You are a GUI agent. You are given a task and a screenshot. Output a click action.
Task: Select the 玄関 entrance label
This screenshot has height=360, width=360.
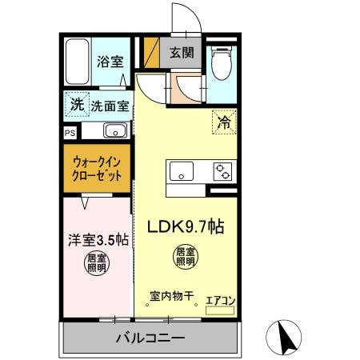[x=181, y=53]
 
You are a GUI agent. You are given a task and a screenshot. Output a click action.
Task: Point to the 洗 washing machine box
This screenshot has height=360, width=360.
[x=76, y=104]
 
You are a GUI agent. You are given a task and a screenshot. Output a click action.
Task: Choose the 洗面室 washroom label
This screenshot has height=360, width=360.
[x=110, y=105]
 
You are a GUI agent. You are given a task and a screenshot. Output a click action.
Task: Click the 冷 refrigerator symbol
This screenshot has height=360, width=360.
[x=225, y=122]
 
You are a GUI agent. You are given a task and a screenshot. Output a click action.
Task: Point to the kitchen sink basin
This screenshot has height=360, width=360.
[x=181, y=170]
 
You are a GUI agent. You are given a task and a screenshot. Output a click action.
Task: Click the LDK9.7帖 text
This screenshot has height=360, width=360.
[x=184, y=227]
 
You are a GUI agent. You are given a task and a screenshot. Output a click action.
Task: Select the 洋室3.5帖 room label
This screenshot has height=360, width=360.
[x=96, y=238]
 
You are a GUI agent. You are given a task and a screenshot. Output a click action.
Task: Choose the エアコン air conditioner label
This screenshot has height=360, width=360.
[x=220, y=301]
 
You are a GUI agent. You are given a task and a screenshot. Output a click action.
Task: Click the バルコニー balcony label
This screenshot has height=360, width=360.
[x=149, y=337]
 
